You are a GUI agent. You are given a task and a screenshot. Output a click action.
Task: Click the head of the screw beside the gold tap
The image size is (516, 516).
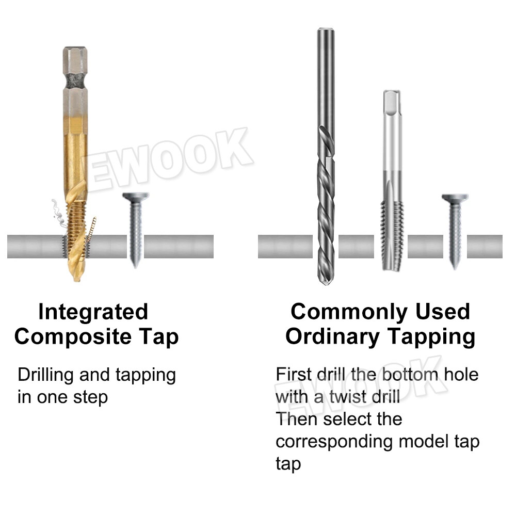(136, 197)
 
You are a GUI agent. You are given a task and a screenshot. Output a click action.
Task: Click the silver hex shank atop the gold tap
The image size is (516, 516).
(75, 77)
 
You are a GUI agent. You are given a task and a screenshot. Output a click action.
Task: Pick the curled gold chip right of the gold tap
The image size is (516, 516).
(92, 230)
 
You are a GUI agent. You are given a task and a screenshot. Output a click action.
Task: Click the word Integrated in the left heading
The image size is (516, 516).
(93, 312)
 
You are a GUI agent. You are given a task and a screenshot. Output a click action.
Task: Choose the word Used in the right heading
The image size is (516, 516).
(443, 312)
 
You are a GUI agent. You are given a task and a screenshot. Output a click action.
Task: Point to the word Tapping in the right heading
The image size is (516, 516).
(431, 337)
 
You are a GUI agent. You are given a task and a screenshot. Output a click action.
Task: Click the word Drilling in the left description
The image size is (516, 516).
(46, 375)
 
